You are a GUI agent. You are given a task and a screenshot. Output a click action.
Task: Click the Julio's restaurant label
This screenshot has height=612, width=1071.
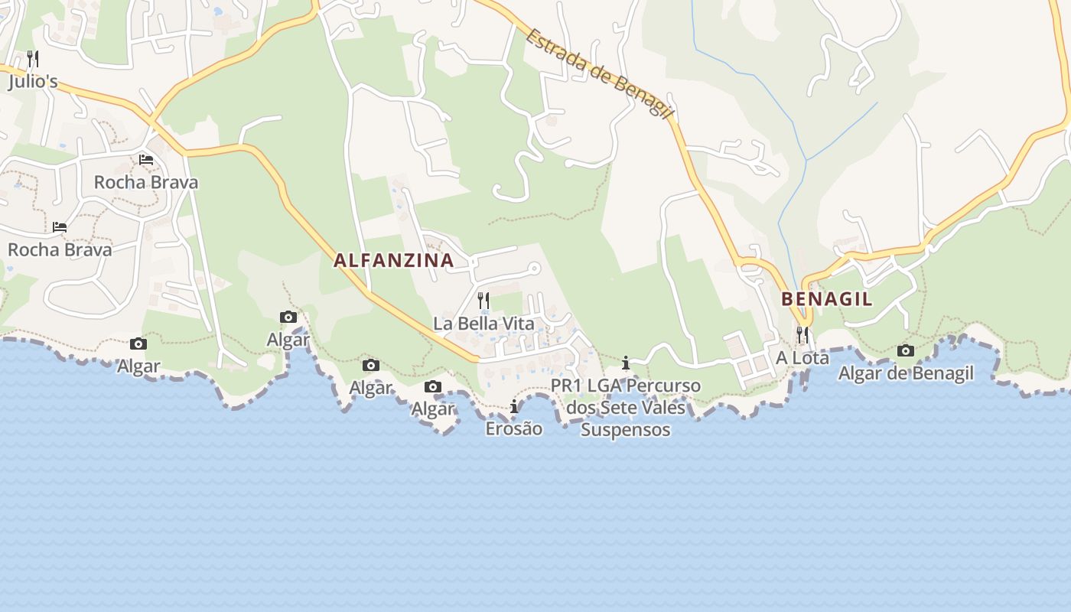(33, 82)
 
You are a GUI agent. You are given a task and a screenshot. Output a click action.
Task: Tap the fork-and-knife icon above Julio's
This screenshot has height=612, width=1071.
(33, 58)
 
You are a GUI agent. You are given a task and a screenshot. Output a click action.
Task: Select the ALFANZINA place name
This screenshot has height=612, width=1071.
(394, 260)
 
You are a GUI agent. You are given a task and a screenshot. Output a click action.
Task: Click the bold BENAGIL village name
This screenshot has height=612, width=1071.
(826, 299)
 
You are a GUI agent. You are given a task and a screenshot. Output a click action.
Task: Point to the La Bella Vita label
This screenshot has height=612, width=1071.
(483, 324)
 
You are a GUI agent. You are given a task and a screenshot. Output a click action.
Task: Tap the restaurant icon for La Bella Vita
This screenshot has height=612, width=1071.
(483, 300)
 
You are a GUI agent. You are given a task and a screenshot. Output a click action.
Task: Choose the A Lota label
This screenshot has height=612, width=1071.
(802, 357)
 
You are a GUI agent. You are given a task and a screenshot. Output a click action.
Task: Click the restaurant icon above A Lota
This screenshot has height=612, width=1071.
(802, 334)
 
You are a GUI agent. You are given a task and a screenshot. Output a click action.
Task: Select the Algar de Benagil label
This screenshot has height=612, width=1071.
(906, 373)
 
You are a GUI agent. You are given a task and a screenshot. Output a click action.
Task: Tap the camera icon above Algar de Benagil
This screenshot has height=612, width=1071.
(906, 350)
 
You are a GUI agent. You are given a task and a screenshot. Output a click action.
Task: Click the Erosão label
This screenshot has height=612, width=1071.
(514, 428)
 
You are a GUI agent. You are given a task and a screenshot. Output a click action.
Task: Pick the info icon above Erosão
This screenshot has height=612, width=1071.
(514, 407)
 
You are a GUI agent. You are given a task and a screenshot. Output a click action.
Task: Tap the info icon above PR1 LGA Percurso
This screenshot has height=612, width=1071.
(626, 363)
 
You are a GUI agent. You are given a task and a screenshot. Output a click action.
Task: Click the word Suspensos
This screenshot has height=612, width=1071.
(626, 430)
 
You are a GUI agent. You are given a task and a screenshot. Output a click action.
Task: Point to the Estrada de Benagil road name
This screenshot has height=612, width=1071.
(599, 73)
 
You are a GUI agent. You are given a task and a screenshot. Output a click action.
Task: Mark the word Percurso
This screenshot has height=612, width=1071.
(662, 386)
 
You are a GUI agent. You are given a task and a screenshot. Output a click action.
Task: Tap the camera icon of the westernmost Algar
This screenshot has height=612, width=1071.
(138, 344)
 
